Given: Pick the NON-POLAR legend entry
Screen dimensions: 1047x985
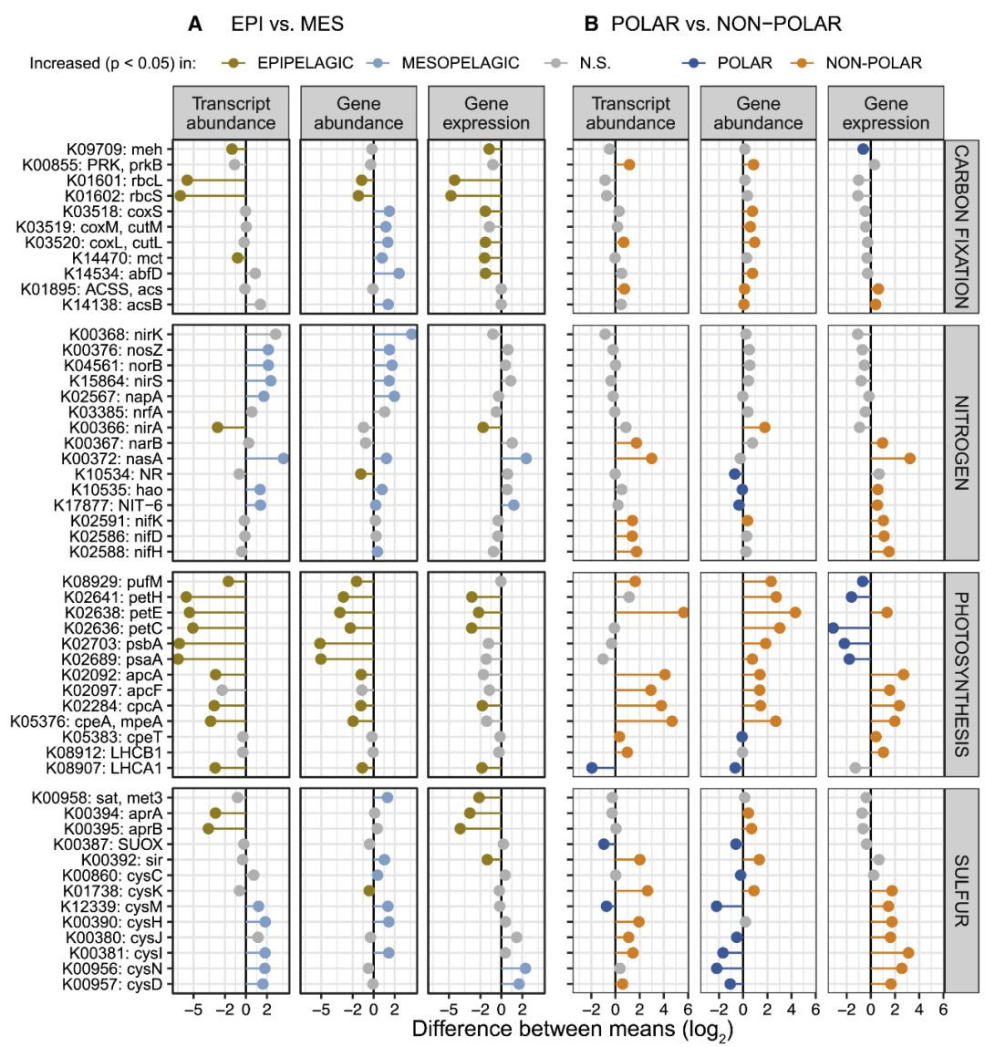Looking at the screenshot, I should point(874,63).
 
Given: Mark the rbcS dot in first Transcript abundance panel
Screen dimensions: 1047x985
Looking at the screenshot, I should point(181,196).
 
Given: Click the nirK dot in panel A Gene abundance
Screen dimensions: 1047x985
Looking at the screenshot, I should point(411,334).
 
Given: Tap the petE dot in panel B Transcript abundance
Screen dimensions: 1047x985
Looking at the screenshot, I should point(683,612).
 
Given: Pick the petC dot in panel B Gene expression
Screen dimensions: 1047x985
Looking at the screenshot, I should point(833,627).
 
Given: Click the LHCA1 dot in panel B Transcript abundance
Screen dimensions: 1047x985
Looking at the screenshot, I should point(592,768).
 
